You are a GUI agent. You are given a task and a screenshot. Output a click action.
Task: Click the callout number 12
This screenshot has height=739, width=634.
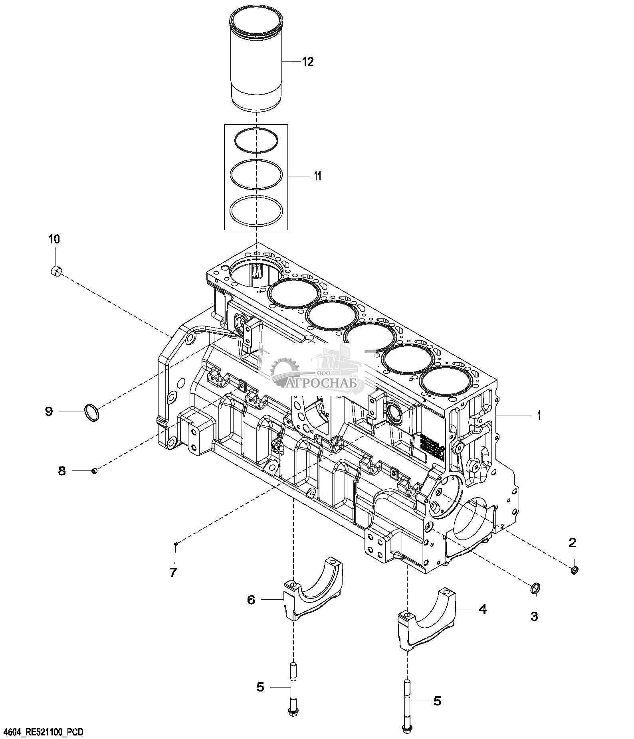coord(308,62)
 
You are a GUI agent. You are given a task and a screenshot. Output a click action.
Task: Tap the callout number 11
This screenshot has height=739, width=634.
coord(317,176)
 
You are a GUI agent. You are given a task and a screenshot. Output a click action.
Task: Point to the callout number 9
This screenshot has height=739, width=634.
coord(49,411)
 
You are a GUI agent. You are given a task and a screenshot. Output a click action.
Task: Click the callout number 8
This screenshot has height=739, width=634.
coord(62,471)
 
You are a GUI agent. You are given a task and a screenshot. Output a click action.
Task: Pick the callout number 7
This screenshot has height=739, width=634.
coord(173,573)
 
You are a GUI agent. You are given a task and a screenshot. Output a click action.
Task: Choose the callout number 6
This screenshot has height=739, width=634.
coord(251,599)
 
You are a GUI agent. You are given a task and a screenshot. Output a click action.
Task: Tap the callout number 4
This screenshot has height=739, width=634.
coord(483,609)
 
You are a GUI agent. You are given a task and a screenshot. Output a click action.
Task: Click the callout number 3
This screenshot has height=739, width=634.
coord(534,616)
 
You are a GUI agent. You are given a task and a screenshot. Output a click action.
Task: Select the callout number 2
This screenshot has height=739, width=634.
coord(573,542)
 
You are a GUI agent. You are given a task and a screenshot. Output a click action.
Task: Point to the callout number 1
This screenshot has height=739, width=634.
coord(539,416)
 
